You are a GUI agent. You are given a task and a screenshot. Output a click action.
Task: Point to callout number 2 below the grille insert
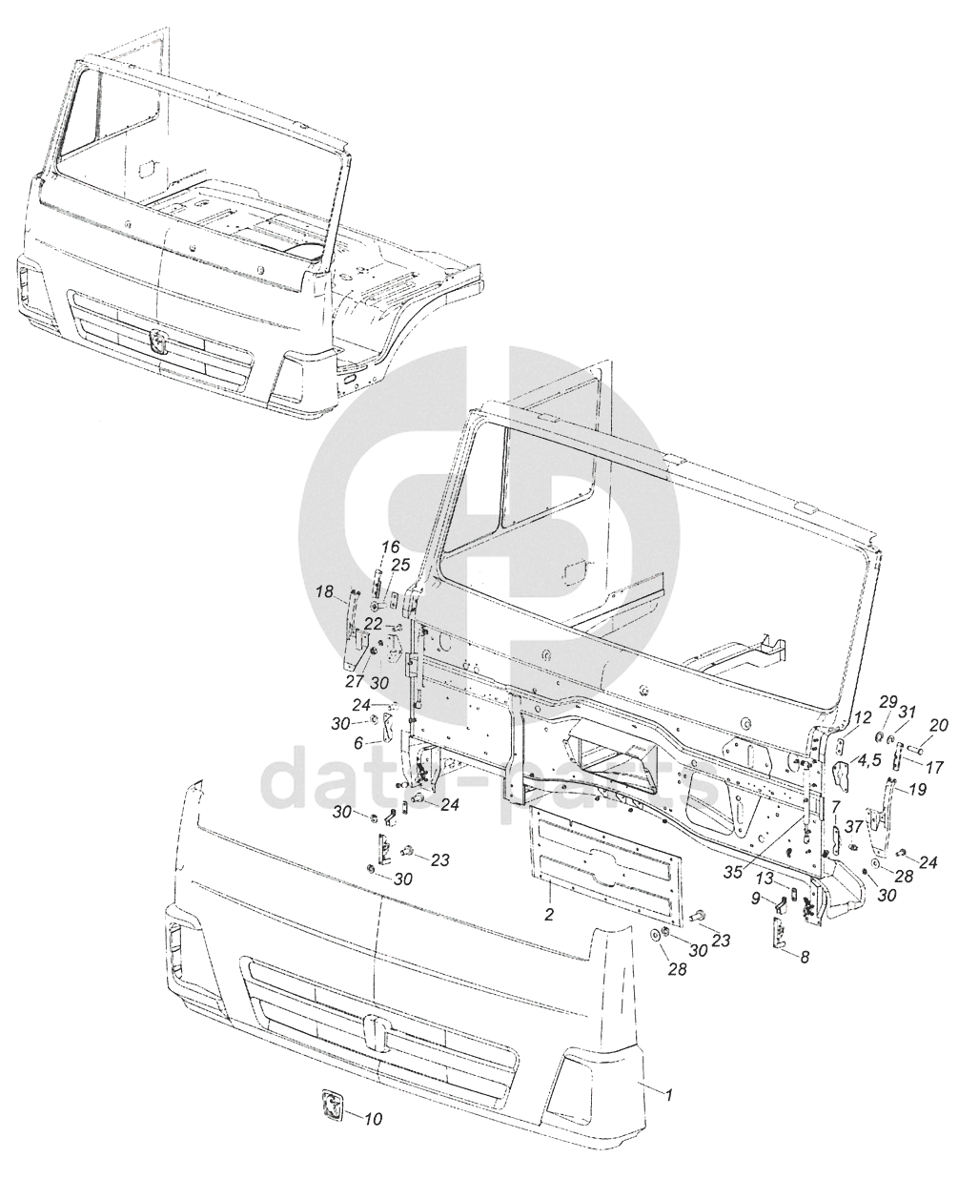point(549,914)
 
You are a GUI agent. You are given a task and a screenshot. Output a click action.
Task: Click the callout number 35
point(735,873)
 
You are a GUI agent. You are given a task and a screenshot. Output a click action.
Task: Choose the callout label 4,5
point(869,760)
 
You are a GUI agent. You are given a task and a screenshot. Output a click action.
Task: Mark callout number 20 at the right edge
point(940,724)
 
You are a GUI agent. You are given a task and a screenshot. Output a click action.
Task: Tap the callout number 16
point(390,547)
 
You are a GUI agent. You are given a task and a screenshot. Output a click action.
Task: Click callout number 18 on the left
point(324,591)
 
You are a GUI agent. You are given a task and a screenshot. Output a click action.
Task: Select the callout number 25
point(402,566)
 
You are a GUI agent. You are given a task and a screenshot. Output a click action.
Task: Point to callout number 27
point(355,681)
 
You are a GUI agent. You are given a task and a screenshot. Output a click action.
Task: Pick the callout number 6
point(357,744)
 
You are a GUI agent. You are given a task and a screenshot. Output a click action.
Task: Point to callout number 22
point(373,624)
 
